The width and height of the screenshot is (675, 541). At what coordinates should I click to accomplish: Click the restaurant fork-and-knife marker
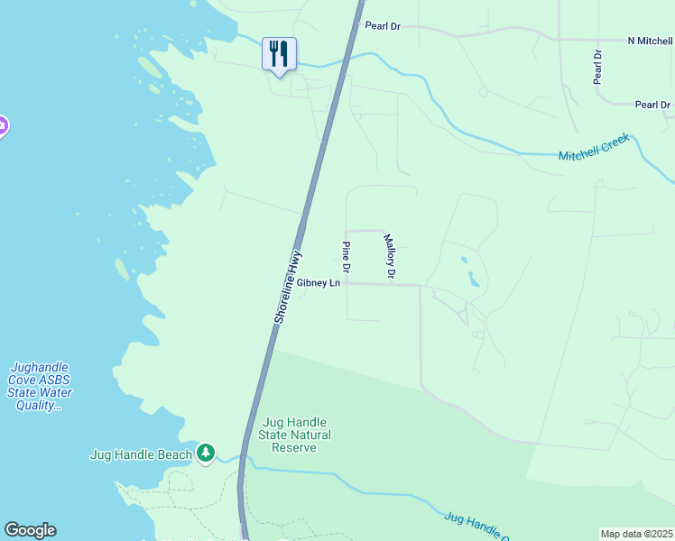pyautogui.click(x=279, y=54)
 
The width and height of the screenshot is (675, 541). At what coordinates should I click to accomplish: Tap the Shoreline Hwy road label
pyautogui.click(x=287, y=288)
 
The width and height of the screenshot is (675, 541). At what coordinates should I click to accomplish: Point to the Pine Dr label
pyautogui.click(x=346, y=257)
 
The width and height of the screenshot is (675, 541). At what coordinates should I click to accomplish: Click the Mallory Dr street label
pyautogui.click(x=390, y=256)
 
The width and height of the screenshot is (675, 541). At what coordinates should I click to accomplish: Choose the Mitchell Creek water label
pyautogui.click(x=593, y=150)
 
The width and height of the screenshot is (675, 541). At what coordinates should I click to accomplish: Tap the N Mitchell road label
pyautogui.click(x=650, y=41)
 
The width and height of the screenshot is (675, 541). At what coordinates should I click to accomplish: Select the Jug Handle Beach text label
pyautogui.click(x=141, y=454)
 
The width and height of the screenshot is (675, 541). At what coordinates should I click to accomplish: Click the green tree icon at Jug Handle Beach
pyautogui.click(x=207, y=453)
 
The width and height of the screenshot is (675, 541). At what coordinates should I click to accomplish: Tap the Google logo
pyautogui.click(x=30, y=530)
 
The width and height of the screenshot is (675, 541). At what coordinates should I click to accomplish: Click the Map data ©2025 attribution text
pyautogui.click(x=637, y=534)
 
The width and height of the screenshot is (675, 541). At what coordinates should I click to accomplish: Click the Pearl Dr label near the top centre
pyautogui.click(x=383, y=26)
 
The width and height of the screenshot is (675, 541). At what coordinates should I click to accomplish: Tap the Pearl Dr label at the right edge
pyautogui.click(x=652, y=105)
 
